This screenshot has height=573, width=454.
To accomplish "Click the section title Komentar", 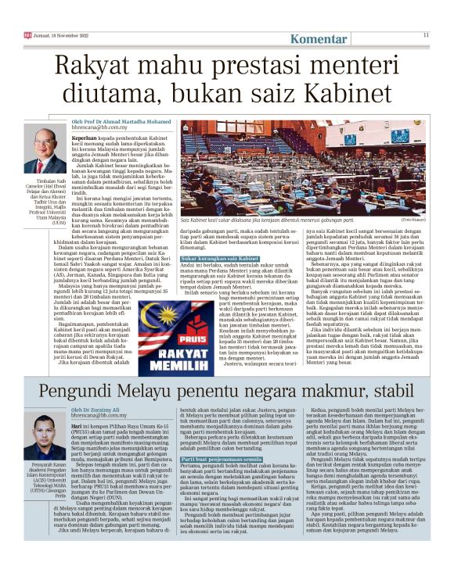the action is tap(319, 38).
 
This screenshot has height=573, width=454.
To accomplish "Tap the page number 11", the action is tap(427, 34).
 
